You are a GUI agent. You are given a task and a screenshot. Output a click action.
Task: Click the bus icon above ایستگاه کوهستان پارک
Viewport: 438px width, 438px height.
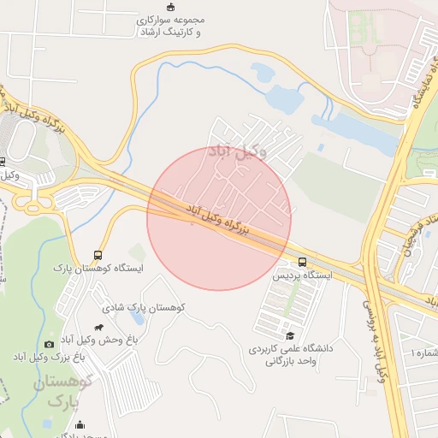click(98, 255)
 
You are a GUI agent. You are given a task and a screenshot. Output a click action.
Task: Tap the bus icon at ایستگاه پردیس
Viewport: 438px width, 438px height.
click(301, 262)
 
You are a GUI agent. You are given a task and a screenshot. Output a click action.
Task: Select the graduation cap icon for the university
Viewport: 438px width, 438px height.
click(290, 336)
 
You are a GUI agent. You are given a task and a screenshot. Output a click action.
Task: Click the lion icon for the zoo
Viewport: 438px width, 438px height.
click(100, 327)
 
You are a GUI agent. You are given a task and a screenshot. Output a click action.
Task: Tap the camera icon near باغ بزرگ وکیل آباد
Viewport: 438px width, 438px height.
click(49, 344)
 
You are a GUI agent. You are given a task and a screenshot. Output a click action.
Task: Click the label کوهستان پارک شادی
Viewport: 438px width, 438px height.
click(144, 307)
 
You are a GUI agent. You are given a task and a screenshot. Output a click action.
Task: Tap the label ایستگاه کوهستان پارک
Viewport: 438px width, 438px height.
click(97, 269)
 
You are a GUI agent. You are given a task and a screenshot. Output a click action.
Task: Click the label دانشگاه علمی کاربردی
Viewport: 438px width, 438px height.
click(289, 349)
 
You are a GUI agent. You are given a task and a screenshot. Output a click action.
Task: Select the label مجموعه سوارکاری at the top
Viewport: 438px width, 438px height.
click(170, 19)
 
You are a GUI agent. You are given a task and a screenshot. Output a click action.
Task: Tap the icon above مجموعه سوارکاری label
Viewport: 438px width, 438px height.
click(170, 6)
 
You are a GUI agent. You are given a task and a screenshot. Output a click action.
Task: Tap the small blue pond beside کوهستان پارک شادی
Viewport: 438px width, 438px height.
click(133, 250)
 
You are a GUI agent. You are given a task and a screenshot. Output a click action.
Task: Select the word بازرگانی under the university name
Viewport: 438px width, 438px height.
click(291, 362)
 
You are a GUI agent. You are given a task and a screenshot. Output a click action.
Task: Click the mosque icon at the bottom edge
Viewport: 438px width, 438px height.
click(80, 425)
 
